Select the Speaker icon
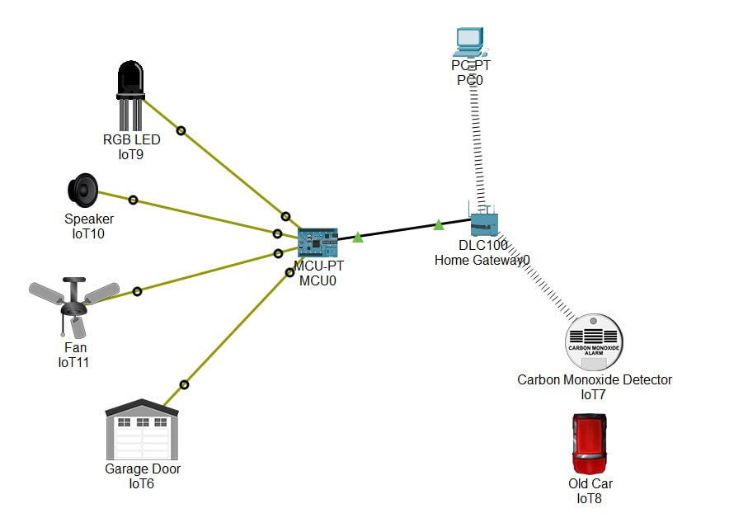[82, 191]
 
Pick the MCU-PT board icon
[318, 241]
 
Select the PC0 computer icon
[468, 40]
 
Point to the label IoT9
[131, 153]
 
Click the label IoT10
[89, 233]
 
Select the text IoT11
[73, 362]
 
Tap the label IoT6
[142, 483]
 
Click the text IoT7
[594, 394]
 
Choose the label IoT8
[590, 497]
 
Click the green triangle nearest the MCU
[357, 238]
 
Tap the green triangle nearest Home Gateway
[439, 224]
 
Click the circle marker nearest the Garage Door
[185, 384]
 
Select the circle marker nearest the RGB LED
[181, 129]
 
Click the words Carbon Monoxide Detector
[594, 380]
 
